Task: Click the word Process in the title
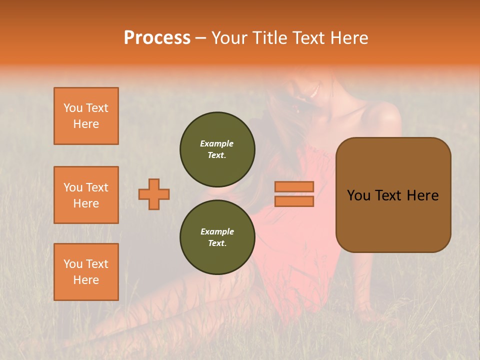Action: tap(157, 38)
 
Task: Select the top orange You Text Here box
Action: tap(86, 116)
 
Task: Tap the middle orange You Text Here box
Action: tap(86, 195)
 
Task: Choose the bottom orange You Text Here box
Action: tap(86, 272)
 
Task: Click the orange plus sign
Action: tap(154, 194)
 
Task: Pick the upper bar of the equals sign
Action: tap(294, 186)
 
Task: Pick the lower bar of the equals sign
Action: tap(294, 201)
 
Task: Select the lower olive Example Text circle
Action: tap(217, 237)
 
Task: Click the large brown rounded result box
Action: tap(393, 195)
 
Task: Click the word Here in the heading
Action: tap(348, 38)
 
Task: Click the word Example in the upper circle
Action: tap(217, 143)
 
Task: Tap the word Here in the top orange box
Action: tap(86, 124)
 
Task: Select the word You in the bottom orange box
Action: tap(73, 264)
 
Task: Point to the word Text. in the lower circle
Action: tap(217, 243)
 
